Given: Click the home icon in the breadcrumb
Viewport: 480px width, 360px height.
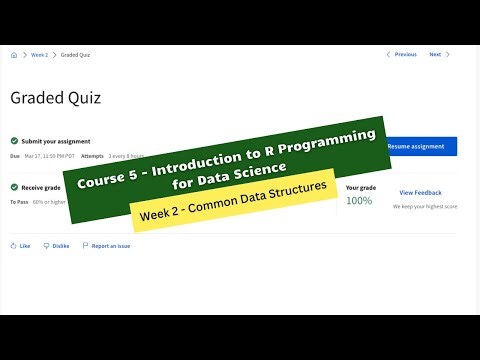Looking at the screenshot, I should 13,55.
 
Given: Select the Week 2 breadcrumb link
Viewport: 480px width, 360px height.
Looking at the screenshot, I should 38,55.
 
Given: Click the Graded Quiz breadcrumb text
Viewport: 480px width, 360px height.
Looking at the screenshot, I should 75,55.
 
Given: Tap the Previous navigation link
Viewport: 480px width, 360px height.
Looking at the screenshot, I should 403,55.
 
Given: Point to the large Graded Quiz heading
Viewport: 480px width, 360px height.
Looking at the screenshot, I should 55,98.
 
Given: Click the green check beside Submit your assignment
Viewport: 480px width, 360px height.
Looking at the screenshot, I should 14,141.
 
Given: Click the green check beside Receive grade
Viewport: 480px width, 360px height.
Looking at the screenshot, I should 14,187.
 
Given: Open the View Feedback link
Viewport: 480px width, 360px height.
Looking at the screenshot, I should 420,192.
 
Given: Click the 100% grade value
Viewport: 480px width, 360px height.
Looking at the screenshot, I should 359,201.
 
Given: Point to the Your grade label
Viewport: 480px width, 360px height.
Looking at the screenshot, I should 360,187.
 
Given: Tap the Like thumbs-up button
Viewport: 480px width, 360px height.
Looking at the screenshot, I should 20,245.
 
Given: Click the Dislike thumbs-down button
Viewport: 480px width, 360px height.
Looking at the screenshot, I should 56,245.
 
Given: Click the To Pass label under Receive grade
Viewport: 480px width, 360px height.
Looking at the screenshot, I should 20,201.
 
